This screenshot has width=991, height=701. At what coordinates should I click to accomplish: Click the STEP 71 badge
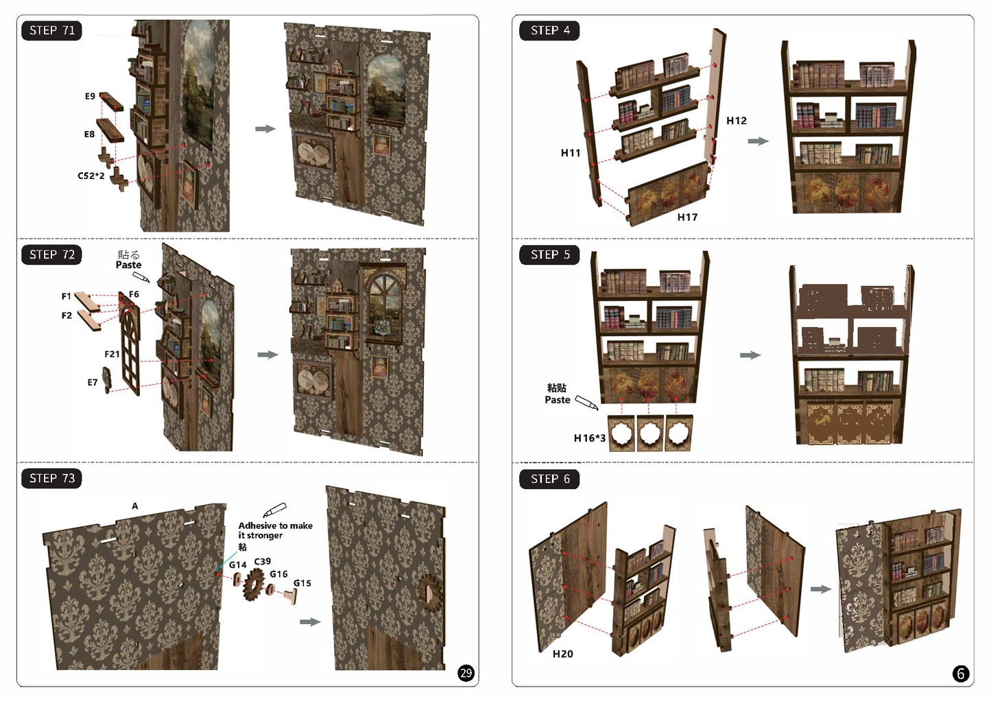point(51,31)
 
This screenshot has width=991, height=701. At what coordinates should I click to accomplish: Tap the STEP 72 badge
point(51,254)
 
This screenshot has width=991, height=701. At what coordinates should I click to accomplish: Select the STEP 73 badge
point(51,478)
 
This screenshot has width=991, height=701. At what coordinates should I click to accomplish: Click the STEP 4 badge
point(549,31)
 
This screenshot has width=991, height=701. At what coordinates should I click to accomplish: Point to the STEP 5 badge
point(549,254)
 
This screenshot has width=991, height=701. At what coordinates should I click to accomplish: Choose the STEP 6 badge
point(549,479)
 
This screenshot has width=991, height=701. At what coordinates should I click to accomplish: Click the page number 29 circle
point(466,673)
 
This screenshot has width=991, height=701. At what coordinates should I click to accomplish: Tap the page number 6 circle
point(960,674)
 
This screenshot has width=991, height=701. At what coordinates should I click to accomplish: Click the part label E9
point(90,96)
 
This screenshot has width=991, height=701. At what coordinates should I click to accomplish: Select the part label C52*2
point(91,176)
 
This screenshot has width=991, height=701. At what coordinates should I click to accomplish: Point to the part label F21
point(112,354)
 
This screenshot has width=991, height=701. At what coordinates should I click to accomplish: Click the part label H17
point(687,217)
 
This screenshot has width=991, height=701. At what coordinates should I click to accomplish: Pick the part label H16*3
point(589,438)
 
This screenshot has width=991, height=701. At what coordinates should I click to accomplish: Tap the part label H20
point(563,654)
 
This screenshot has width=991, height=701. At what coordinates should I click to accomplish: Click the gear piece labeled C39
point(254,584)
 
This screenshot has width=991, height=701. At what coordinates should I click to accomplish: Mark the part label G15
point(302,583)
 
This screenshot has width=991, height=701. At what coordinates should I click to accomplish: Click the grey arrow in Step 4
point(759,141)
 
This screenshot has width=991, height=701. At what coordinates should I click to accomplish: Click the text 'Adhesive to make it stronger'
point(275,530)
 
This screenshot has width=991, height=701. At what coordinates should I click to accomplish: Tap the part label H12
point(737,120)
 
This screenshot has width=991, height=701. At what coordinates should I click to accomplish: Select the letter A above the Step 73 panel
point(135,506)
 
